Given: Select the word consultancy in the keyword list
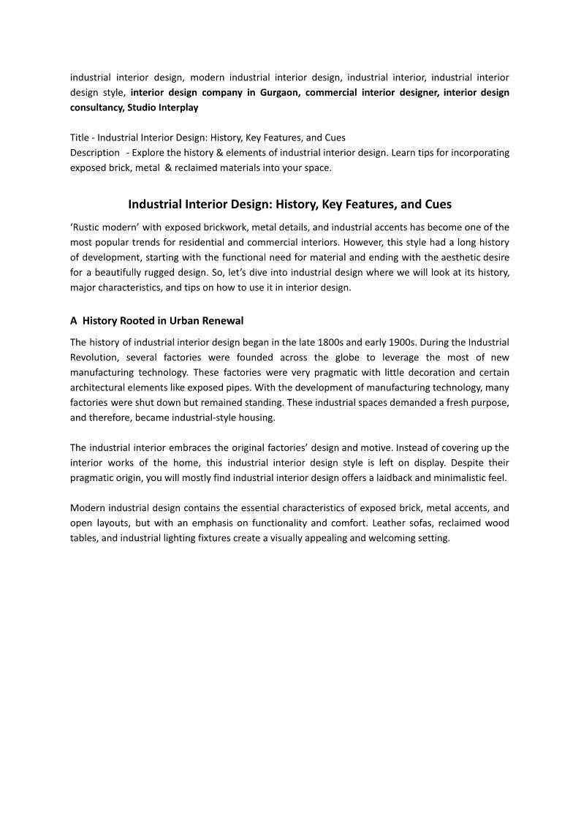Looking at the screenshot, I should pos(96,107).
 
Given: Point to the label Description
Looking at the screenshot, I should pos(95,153).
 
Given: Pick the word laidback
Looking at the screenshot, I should pos(376,477).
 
